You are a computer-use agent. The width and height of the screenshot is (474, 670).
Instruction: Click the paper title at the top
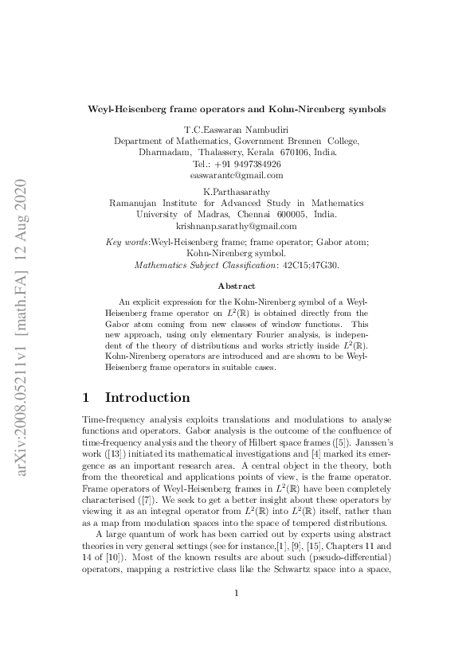pyautogui.click(x=237, y=107)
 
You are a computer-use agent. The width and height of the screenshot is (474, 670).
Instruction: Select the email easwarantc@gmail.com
pyautogui.click(x=237, y=175)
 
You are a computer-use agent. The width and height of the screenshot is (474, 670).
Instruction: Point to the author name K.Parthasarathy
pyautogui.click(x=237, y=192)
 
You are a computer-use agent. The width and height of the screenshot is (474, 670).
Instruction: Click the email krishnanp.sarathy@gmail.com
pyautogui.click(x=237, y=226)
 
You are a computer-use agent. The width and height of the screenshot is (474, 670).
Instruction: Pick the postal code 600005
pyautogui.click(x=292, y=215)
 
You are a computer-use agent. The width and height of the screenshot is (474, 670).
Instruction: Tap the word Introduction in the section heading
pyautogui.click(x=147, y=397)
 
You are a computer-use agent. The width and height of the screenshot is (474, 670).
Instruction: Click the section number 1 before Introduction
pyautogui.click(x=87, y=397)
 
